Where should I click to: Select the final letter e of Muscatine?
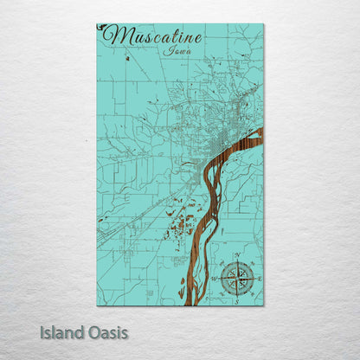(x=198, y=38)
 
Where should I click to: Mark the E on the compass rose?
(x=255, y=278)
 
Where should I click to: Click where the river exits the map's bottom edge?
(x=194, y=304)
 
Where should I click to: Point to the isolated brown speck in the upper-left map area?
(x=126, y=58)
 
